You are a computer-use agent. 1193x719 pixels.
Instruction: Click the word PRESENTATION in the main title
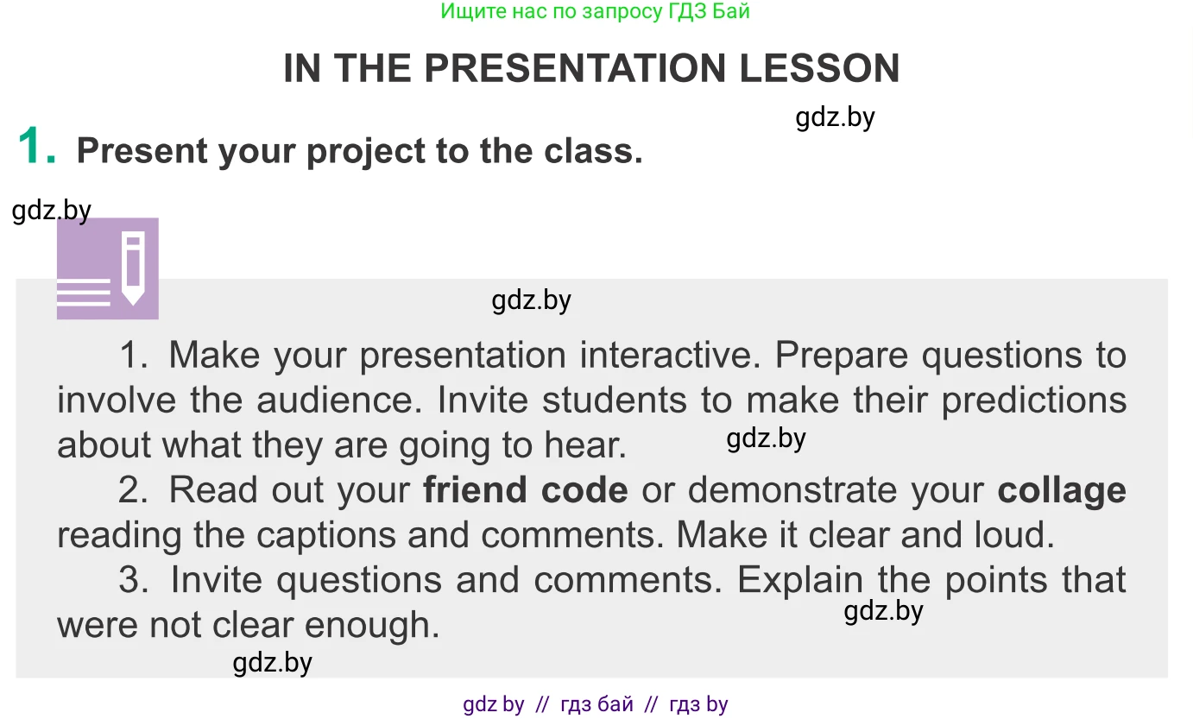tap(575, 68)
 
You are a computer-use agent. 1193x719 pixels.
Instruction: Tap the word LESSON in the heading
tap(820, 68)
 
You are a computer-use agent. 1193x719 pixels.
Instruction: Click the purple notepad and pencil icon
tap(108, 268)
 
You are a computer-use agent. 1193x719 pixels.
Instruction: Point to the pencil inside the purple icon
tap(133, 268)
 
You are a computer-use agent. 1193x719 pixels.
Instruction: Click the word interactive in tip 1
tap(670, 355)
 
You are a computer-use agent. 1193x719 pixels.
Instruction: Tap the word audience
tap(339, 400)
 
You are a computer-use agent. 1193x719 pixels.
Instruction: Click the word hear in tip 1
tap(584, 445)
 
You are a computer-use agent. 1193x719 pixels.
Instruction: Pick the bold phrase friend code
tap(525, 489)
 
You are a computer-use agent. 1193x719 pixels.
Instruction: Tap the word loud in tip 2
tap(1014, 534)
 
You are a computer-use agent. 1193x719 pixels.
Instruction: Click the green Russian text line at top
tap(595, 11)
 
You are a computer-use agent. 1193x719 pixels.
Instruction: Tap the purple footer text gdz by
tap(494, 704)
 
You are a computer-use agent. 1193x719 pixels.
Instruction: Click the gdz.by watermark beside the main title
tap(835, 117)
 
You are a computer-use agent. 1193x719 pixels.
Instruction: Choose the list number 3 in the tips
tap(133, 579)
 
